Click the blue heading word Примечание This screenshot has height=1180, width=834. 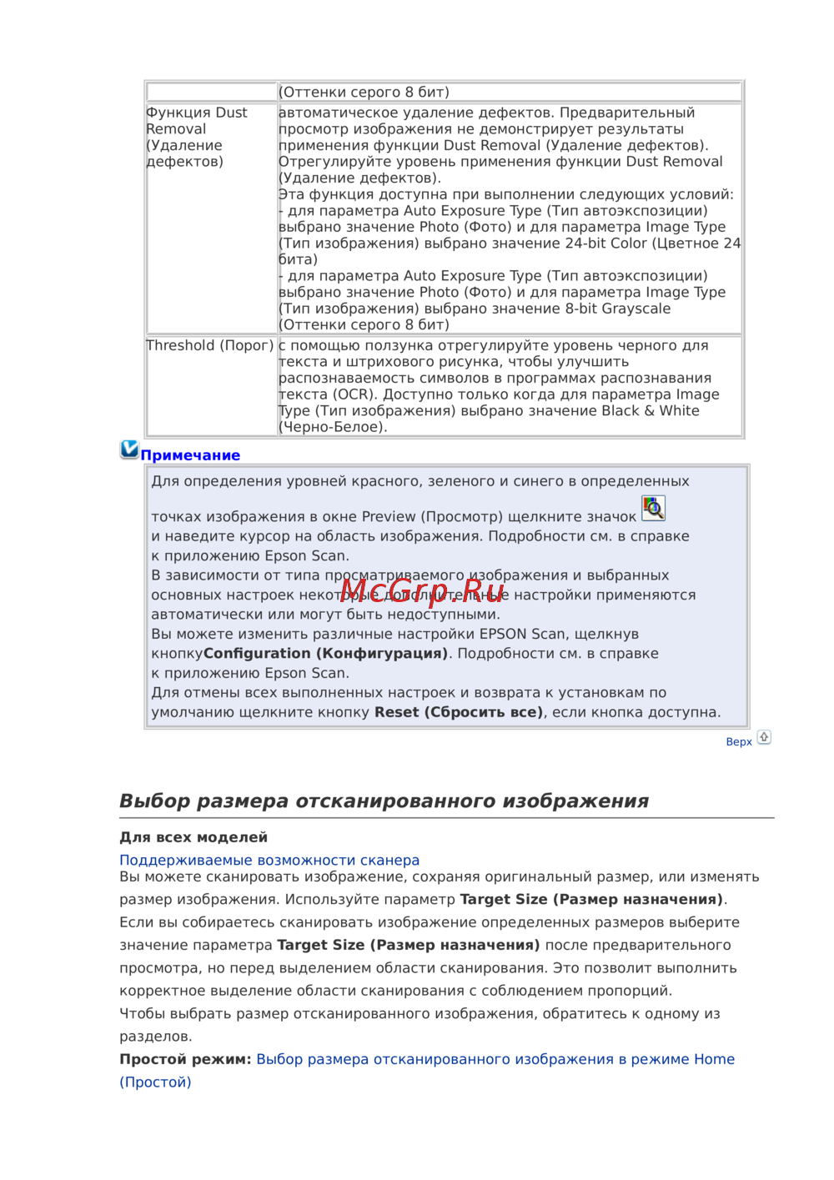(x=190, y=455)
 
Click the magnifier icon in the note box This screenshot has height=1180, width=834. (x=653, y=508)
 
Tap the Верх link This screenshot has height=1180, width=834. (x=739, y=741)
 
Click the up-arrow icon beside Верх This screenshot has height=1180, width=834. (x=764, y=737)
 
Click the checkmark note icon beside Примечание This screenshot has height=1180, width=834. (x=129, y=449)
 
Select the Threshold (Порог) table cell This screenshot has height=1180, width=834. (x=210, y=345)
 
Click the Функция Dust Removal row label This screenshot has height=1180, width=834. (x=197, y=137)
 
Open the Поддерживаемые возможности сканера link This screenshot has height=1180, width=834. (x=269, y=860)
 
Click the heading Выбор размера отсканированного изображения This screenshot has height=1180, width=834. (x=384, y=801)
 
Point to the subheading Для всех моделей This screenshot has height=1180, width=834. (x=193, y=837)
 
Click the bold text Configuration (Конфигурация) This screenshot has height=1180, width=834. (x=325, y=654)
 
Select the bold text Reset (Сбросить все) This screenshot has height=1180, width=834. (x=459, y=712)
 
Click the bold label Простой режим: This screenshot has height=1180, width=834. (x=185, y=1059)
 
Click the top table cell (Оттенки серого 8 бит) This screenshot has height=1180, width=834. (x=364, y=92)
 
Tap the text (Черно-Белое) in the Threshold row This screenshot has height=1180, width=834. (x=333, y=427)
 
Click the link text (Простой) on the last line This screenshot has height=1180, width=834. (x=155, y=1082)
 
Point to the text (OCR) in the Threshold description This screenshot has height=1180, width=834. (x=354, y=394)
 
